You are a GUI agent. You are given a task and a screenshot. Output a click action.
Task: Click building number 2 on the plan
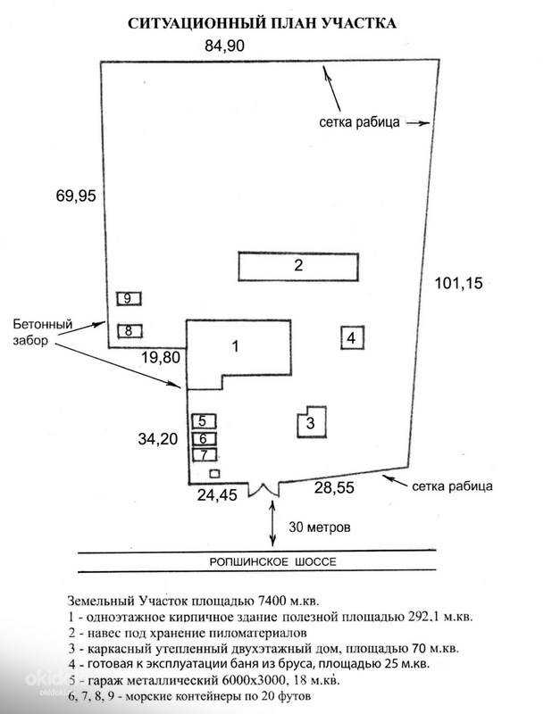pos(298,265)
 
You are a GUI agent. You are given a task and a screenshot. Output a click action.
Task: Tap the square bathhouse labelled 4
pos(352,338)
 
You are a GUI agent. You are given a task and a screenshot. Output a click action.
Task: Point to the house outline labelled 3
pos(311,422)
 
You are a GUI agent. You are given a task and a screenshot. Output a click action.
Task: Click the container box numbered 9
pos(129,298)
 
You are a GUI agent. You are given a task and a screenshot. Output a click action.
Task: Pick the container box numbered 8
pos(129,330)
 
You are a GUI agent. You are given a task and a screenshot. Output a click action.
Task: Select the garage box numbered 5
pos(203,420)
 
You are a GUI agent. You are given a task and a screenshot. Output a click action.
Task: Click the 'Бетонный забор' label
pos(41,332)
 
